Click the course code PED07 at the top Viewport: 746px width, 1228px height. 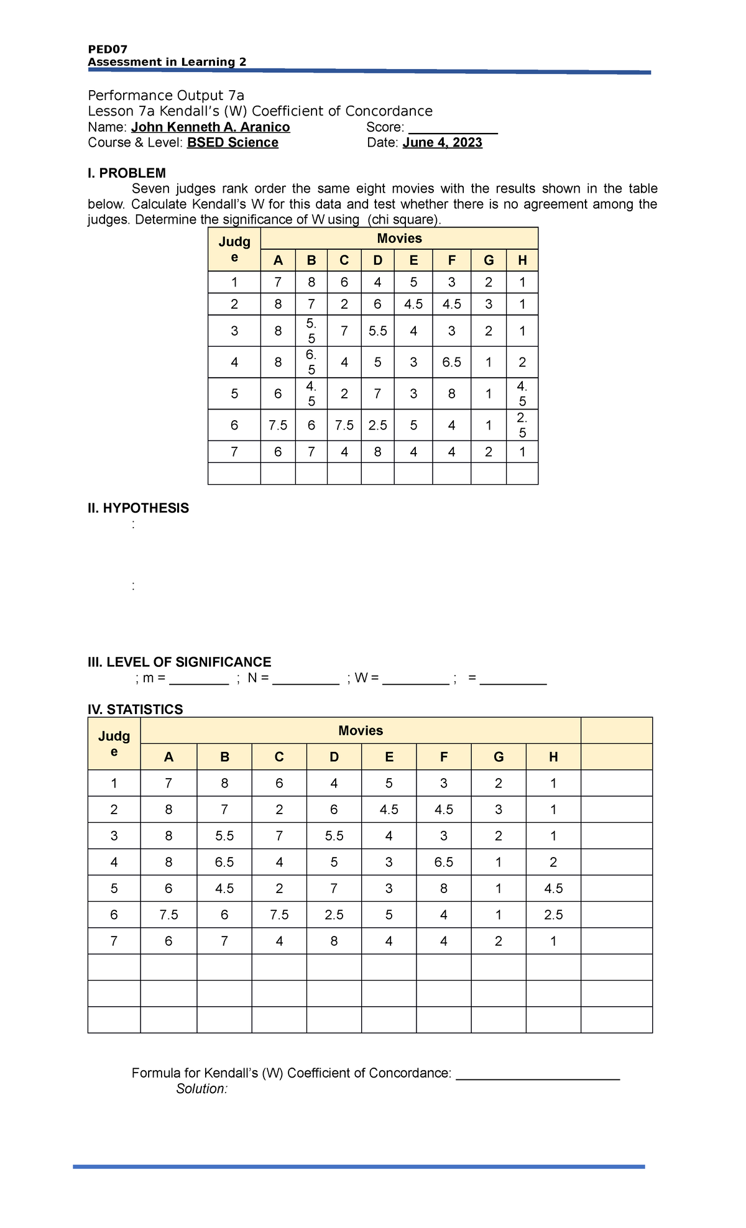click(108, 50)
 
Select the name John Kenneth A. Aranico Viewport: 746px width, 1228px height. click(210, 127)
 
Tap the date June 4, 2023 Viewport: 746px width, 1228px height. click(442, 143)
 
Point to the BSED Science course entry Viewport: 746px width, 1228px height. click(233, 143)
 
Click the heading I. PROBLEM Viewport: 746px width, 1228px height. click(127, 173)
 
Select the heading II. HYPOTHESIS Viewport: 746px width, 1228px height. click(138, 508)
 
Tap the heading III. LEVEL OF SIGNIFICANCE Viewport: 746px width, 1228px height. click(180, 662)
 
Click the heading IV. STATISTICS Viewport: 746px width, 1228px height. click(136, 710)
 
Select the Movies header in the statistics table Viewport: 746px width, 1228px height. click(361, 731)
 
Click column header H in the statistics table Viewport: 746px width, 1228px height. click(553, 757)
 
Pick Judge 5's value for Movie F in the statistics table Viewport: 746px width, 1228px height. click(444, 889)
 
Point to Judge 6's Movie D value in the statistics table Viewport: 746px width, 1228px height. click(334, 915)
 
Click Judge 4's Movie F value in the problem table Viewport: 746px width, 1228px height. click(451, 362)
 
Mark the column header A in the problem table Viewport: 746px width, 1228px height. click(278, 260)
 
